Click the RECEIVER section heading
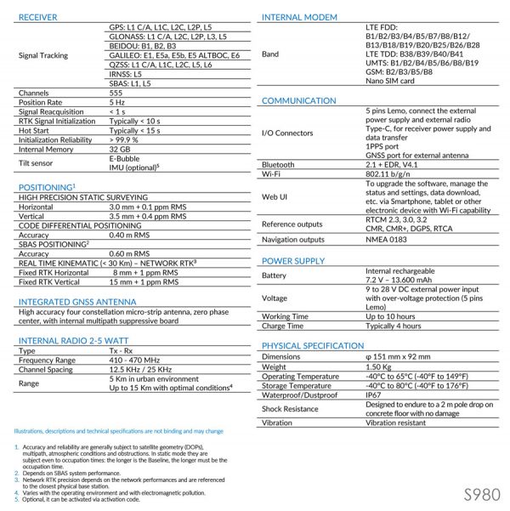click(39, 17)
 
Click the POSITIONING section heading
click(48, 186)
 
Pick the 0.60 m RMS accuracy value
click(130, 253)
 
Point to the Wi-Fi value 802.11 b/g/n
click(393, 174)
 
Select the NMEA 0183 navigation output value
click(388, 239)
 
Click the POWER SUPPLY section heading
click(293, 260)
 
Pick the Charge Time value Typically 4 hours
click(393, 326)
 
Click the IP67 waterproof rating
click(374, 395)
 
